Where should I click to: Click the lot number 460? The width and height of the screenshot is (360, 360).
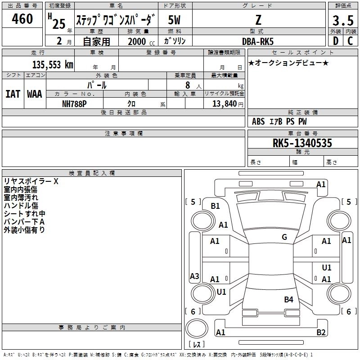point(22,19)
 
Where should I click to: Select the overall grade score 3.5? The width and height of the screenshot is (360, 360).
point(342,21)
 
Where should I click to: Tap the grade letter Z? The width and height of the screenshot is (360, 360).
point(257,20)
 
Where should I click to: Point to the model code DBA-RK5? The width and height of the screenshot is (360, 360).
point(257,41)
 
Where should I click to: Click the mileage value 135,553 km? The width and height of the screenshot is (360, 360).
point(53,64)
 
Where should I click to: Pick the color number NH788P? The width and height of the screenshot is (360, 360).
point(75,103)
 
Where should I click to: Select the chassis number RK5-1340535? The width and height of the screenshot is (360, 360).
point(302,143)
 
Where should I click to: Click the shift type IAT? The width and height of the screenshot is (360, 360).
point(13,94)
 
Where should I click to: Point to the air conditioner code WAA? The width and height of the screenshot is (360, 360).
point(35,94)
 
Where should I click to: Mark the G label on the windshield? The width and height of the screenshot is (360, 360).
point(284,237)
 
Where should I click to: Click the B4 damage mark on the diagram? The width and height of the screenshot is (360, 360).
point(288,299)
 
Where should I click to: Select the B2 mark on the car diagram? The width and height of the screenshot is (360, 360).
point(321,332)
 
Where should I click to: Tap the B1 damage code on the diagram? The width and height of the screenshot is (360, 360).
point(215,206)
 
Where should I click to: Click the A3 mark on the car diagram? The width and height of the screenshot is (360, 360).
point(194,276)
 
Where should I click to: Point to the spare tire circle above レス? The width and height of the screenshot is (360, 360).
point(197,328)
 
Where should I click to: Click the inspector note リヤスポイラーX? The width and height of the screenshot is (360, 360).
point(31,181)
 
